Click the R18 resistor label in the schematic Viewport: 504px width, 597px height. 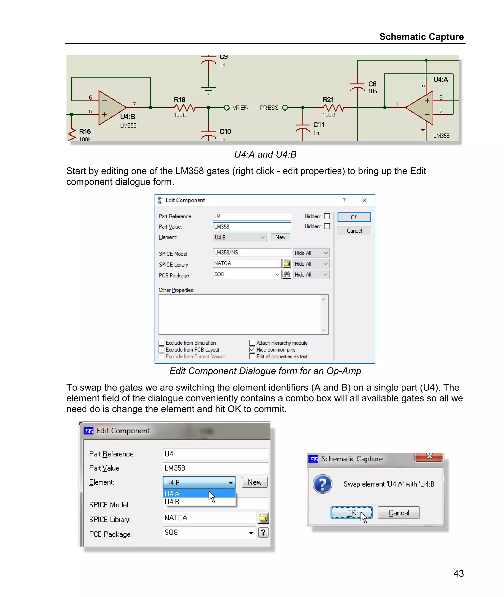coord(179,100)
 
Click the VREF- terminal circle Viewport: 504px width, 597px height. coord(227,108)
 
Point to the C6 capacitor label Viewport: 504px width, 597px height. coord(372,84)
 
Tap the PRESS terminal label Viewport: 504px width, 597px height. coord(269,108)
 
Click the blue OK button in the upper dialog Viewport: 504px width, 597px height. coord(354,217)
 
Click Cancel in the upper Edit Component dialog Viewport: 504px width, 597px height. coord(354,231)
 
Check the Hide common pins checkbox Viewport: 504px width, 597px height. coord(252,350)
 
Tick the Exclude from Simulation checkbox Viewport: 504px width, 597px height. coord(162,343)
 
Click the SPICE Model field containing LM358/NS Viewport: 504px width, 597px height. coord(252,253)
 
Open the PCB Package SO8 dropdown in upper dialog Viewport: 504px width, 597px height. coord(277,274)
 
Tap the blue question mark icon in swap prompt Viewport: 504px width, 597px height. coord(322,484)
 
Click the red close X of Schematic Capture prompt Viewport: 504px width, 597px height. coord(429,456)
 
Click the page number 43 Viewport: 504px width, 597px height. coord(458,573)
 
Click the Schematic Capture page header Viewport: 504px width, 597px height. coord(421,37)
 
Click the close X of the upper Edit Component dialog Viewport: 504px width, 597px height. coord(364,200)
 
